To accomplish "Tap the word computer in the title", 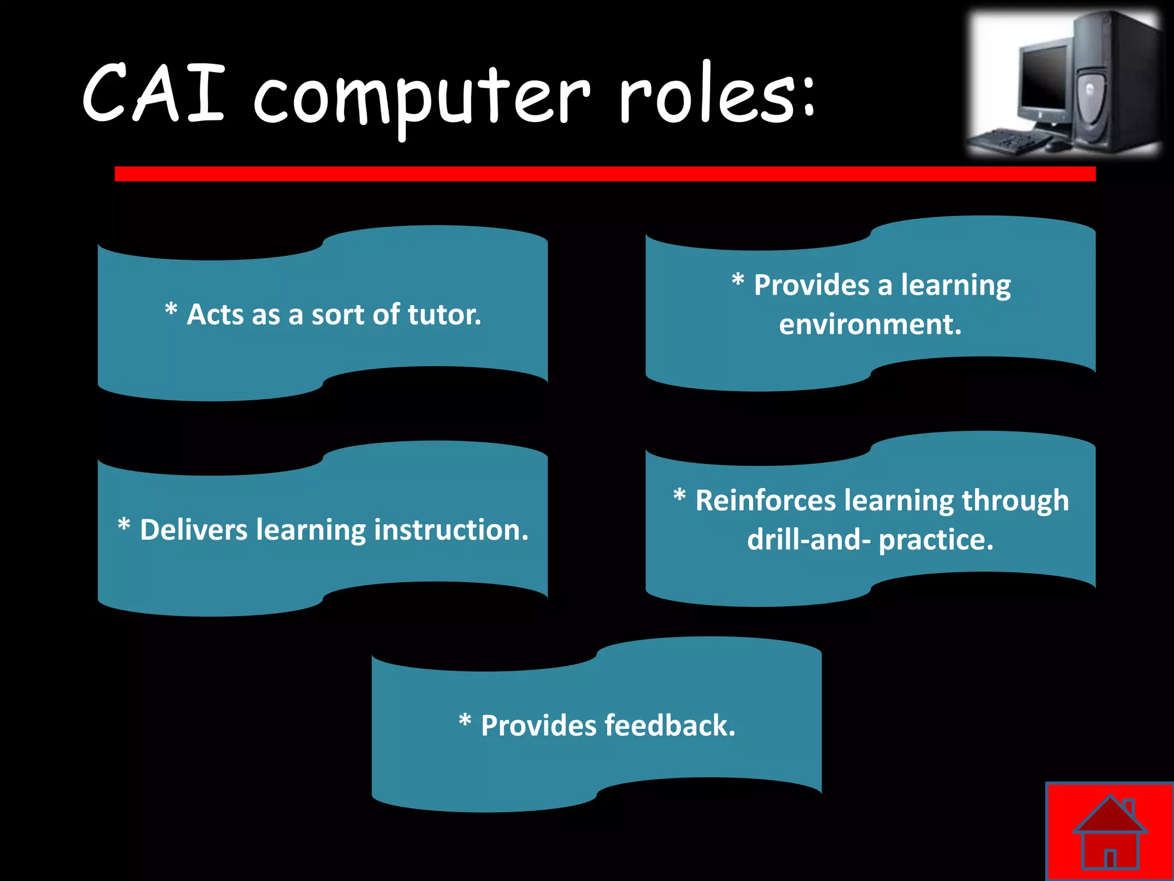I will coord(421,98).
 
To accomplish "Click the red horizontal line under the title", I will coord(605,174).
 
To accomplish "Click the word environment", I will coord(870,325).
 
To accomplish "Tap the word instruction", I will coord(451,529).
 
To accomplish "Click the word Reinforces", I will coord(765,500).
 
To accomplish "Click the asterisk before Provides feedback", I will coord(465,721).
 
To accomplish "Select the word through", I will coord(1015,500).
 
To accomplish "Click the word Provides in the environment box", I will coord(811,285).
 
